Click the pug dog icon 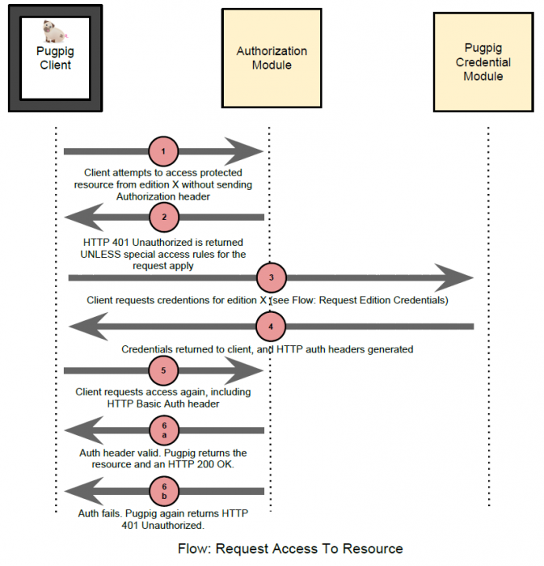pos(54,32)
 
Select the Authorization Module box pos(272,58)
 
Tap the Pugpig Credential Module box pos(483,62)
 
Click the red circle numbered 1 pos(163,151)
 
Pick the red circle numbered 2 pos(164,218)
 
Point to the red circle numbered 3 pos(272,277)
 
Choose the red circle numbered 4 pos(271,327)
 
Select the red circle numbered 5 pos(163,370)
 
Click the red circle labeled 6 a pos(164,430)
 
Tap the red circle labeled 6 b pos(164,492)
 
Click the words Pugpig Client pos(55,58)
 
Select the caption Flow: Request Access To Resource pos(290,549)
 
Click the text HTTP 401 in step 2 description pos(106,243)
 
